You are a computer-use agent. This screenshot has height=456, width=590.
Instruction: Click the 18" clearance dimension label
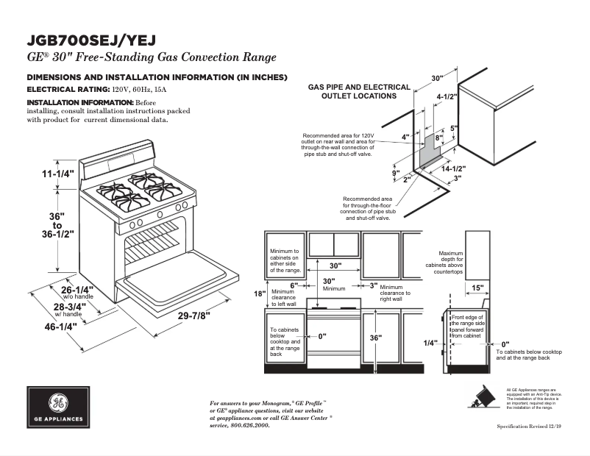point(259,293)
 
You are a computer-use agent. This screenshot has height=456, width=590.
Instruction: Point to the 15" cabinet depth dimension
point(477,288)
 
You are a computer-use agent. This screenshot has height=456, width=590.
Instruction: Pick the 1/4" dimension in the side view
point(430,343)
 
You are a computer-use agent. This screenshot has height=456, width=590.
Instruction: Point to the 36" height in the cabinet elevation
point(377,338)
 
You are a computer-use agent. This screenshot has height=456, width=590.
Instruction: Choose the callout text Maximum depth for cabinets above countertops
point(450,263)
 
